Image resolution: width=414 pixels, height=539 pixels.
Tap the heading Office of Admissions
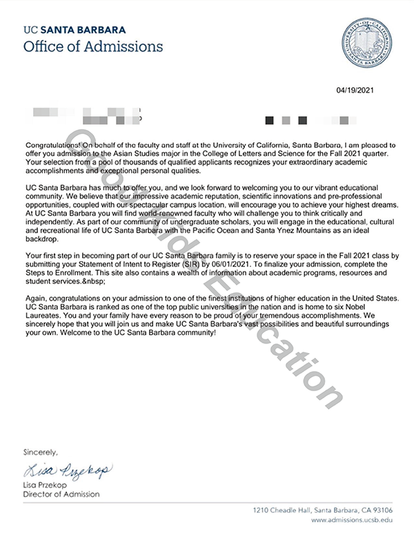click(93, 46)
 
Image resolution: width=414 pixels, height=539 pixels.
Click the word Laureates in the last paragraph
click(43, 314)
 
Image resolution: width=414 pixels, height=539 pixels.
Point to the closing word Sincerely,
click(41, 453)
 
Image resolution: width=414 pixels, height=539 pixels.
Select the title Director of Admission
click(61, 495)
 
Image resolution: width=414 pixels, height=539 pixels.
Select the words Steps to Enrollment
click(52, 274)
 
